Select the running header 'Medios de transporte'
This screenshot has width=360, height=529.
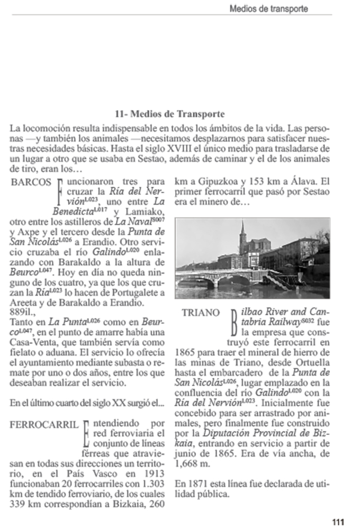[268, 9]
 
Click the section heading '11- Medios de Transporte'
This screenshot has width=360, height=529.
[169, 114]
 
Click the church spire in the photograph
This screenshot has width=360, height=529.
[242, 229]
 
